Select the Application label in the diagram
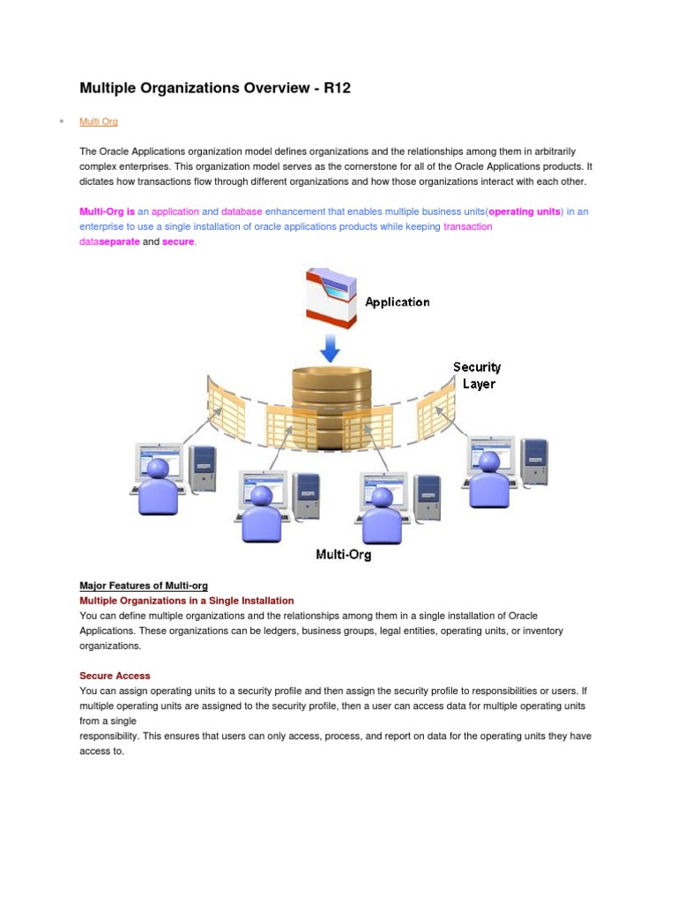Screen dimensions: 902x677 (x=398, y=302)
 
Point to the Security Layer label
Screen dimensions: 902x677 (x=477, y=375)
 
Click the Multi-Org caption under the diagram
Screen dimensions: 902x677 (x=344, y=555)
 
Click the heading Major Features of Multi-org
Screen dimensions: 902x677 (x=144, y=586)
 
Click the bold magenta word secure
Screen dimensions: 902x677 (x=178, y=242)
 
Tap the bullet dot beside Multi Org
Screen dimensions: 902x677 (x=61, y=121)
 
